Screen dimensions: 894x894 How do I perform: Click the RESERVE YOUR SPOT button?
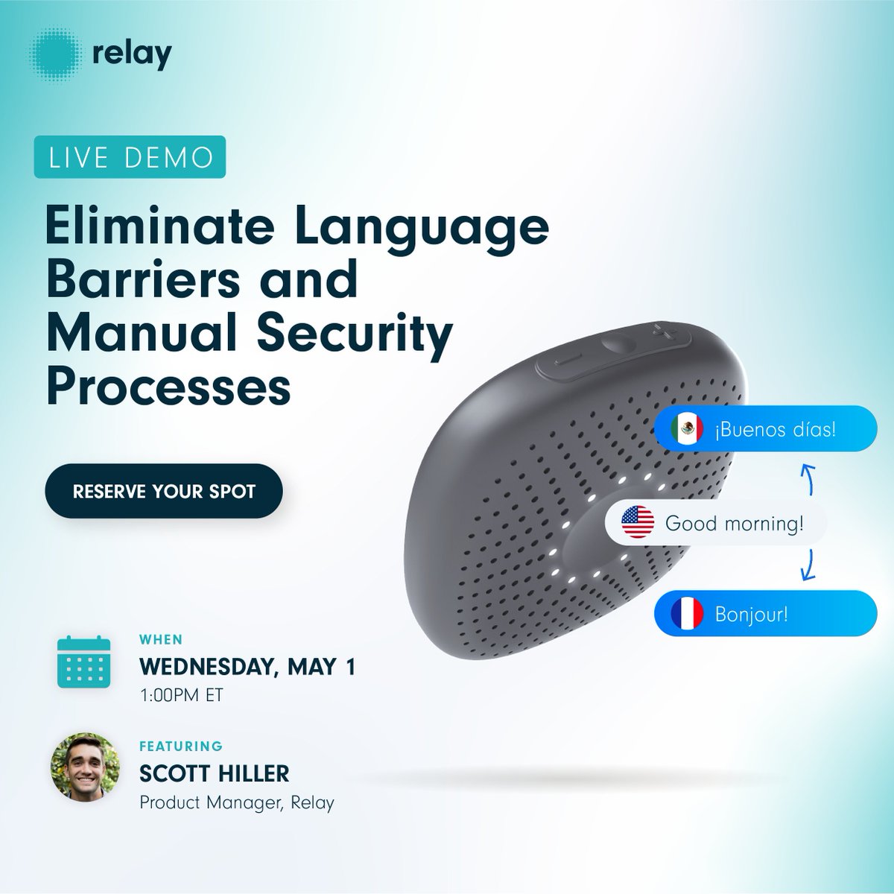(x=164, y=492)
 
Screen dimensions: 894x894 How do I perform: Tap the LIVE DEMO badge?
(x=130, y=156)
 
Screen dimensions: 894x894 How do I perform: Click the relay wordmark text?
(x=133, y=55)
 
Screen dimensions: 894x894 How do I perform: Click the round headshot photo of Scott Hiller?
(x=85, y=767)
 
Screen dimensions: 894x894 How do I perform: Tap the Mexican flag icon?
(x=687, y=429)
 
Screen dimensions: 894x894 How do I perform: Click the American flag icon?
(x=638, y=522)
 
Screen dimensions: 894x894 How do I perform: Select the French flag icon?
(x=687, y=615)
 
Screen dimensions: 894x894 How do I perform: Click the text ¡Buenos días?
(x=775, y=430)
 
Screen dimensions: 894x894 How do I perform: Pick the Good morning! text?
(x=734, y=523)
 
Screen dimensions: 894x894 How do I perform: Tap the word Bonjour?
(x=751, y=615)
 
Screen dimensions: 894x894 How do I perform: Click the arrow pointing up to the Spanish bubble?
(x=807, y=477)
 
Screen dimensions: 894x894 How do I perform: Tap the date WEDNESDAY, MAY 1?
(x=247, y=665)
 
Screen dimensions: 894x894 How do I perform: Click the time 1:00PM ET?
(x=181, y=696)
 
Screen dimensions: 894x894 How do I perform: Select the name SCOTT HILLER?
(x=214, y=773)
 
